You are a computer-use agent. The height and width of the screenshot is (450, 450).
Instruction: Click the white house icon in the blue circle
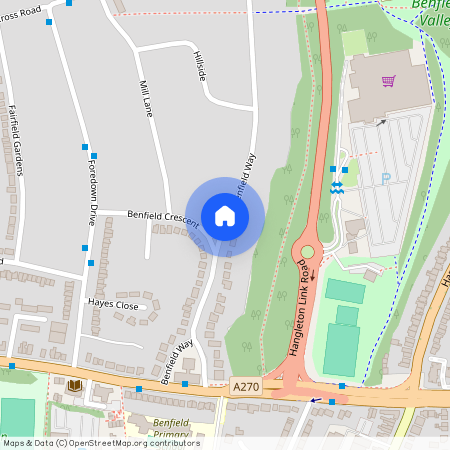pyautogui.click(x=225, y=216)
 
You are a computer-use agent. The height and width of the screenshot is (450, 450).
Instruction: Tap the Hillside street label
pyautogui.click(x=201, y=66)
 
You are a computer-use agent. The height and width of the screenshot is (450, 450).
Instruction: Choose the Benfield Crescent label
pyautogui.click(x=163, y=219)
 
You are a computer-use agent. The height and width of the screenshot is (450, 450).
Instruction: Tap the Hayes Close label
pyautogui.click(x=112, y=303)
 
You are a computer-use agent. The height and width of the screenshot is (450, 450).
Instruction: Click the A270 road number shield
pyautogui.click(x=246, y=386)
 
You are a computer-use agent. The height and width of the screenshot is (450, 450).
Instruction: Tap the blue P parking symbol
pyautogui.click(x=386, y=179)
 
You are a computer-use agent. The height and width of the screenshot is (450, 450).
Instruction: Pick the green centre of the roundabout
pyautogui.click(x=306, y=253)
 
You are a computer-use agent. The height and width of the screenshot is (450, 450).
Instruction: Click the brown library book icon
pyautogui.click(x=74, y=385)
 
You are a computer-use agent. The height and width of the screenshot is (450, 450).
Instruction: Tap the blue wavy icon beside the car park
pyautogui.click(x=338, y=187)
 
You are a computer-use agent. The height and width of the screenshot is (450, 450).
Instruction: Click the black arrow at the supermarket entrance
pyautogui.click(x=381, y=122)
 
